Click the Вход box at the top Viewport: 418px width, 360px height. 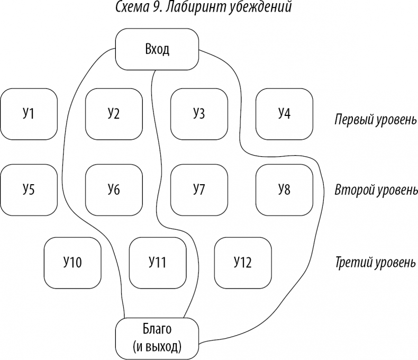pos(157,50)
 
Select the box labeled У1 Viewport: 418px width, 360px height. pos(29,113)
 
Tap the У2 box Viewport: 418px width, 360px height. pos(113,113)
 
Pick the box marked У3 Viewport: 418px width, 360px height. pos(199,113)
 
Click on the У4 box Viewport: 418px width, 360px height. pos(284,113)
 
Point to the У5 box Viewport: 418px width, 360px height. pos(29,189)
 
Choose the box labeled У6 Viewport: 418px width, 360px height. pos(113,189)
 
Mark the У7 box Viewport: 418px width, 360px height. pos(199,189)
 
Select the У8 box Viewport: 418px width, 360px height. pos(284,189)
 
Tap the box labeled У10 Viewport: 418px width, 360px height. pos(71,262)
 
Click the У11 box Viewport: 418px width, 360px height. pos(158,262)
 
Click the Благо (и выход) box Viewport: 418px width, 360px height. pos(157,338)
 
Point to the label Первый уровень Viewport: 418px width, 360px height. pos(376,120)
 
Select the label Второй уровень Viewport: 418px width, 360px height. pos(376,190)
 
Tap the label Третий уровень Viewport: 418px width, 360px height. pos(376,263)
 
